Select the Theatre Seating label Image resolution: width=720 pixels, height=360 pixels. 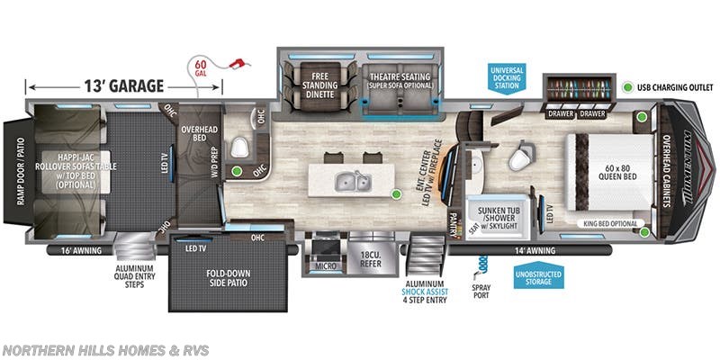pyautogui.click(x=397, y=81)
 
